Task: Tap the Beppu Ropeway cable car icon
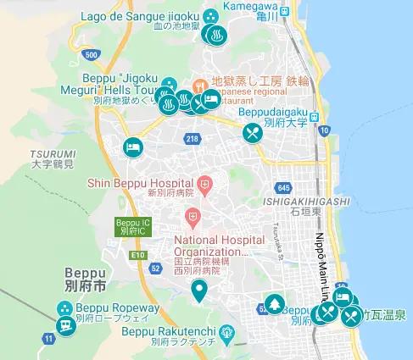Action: pos(64,325)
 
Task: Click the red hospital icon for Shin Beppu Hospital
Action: pos(204,183)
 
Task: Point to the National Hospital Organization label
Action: pos(213,245)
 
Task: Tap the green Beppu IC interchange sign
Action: pos(126,226)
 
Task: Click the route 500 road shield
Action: pos(91,54)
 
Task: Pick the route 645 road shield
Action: pos(283,187)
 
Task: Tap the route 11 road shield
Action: pos(49,339)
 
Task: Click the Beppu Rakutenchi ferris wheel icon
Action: pos(226,333)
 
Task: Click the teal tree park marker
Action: pos(274,303)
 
